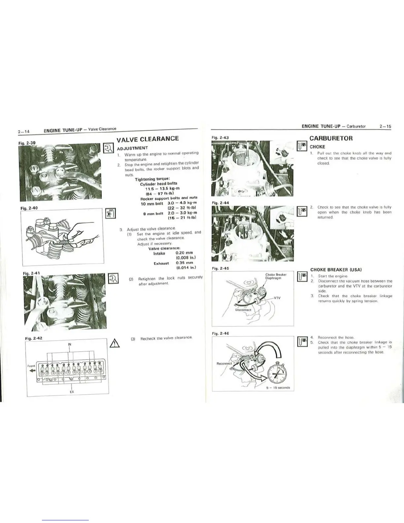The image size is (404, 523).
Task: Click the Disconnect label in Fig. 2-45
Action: (x=243, y=310)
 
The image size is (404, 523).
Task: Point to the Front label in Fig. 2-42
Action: (x=31, y=366)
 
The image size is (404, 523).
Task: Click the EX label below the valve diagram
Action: (x=72, y=392)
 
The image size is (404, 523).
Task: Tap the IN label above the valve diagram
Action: (x=70, y=344)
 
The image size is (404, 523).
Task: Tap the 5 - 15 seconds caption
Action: (x=278, y=388)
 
